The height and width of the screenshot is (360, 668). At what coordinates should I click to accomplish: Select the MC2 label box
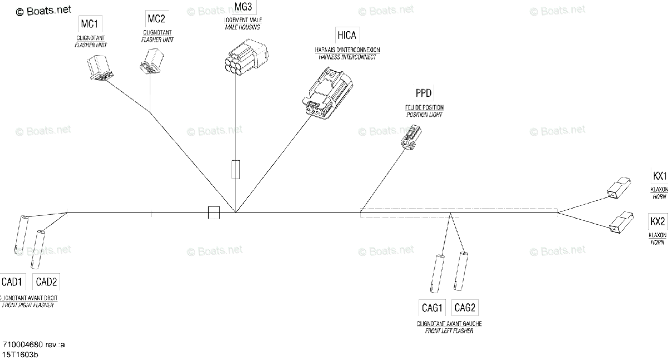click(x=156, y=19)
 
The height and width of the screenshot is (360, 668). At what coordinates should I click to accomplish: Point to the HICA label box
click(x=347, y=36)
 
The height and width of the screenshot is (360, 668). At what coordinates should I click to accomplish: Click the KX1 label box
click(x=659, y=176)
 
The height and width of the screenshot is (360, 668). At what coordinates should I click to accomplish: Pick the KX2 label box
click(x=657, y=221)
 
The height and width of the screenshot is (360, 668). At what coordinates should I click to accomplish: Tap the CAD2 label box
click(x=46, y=282)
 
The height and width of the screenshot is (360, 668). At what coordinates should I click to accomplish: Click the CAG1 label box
click(x=432, y=308)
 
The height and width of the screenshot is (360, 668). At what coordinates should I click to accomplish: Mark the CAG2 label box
click(x=465, y=308)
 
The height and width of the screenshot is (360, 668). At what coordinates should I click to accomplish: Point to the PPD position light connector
click(x=412, y=137)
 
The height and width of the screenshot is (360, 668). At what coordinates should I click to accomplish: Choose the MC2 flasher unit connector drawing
click(x=150, y=61)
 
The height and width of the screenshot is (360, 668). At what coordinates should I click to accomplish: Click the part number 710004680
click(x=24, y=344)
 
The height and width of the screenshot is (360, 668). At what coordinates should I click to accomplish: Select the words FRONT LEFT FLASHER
click(x=449, y=331)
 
